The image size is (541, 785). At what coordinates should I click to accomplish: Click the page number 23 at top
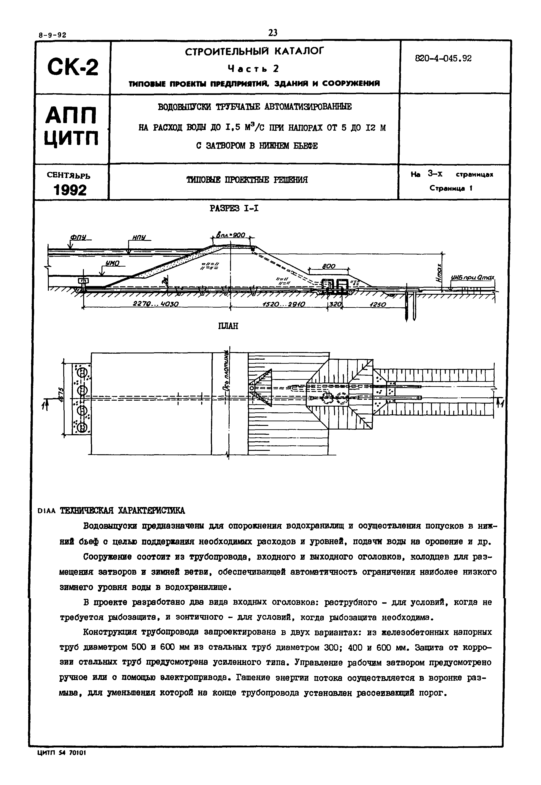click(272, 33)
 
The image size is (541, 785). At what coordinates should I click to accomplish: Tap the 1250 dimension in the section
click(377, 305)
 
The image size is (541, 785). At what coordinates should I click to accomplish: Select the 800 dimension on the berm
click(328, 267)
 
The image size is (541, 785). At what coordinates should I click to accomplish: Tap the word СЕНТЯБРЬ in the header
click(69, 176)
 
